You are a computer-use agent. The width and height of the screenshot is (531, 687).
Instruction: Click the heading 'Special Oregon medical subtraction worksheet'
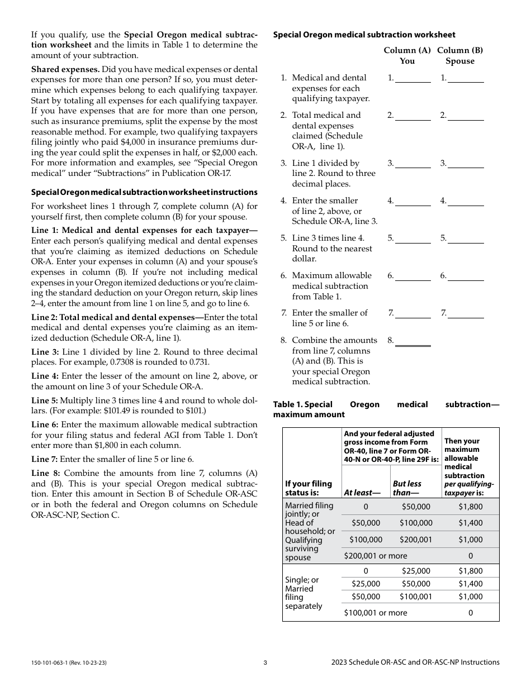[364, 35]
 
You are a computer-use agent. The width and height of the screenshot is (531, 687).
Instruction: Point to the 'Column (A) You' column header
[407, 55]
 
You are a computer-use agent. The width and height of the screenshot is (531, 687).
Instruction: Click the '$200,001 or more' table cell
[375, 556]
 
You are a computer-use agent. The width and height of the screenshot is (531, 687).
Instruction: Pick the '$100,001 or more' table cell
[375, 613]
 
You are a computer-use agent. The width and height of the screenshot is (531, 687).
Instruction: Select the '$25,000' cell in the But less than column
[416, 571]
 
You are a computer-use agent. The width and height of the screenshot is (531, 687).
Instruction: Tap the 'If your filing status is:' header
[309, 488]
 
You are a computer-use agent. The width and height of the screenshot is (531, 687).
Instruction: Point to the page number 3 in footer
[265, 662]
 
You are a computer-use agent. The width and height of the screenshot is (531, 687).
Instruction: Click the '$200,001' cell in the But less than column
[416, 540]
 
